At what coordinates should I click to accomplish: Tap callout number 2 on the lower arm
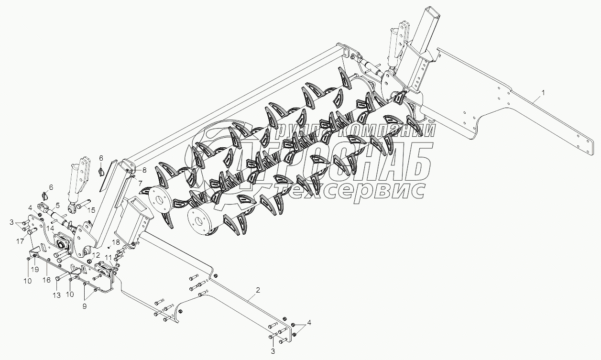click(258, 290)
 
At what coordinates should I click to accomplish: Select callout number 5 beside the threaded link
click(57, 206)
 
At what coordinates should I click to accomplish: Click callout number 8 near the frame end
click(144, 170)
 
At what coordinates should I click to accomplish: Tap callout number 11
click(108, 258)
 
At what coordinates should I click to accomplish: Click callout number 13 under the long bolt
click(56, 295)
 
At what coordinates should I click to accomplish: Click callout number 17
click(20, 241)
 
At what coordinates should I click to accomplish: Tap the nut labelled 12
click(89, 261)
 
